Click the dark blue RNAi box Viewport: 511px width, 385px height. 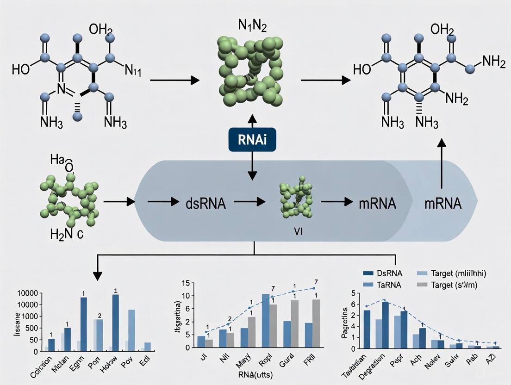252,139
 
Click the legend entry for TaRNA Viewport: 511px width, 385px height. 385,285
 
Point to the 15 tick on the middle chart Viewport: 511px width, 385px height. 187,283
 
